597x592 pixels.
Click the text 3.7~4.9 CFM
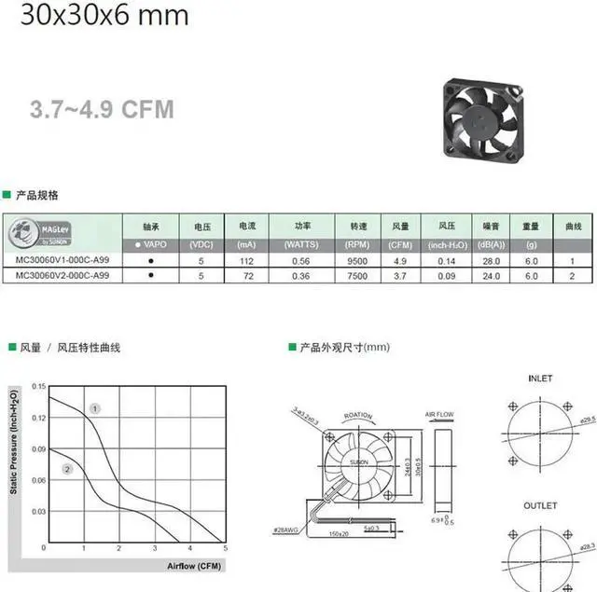pos(101,110)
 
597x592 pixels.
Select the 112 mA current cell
pos(246,260)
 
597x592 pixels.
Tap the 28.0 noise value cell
pos(491,260)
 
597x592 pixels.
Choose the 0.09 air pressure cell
pos(446,276)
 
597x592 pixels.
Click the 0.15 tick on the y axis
pos(37,385)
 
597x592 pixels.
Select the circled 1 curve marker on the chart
pos(94,408)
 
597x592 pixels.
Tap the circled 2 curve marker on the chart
pos(67,469)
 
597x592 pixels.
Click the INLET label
pos(539,379)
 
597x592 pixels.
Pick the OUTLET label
pos(540,506)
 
